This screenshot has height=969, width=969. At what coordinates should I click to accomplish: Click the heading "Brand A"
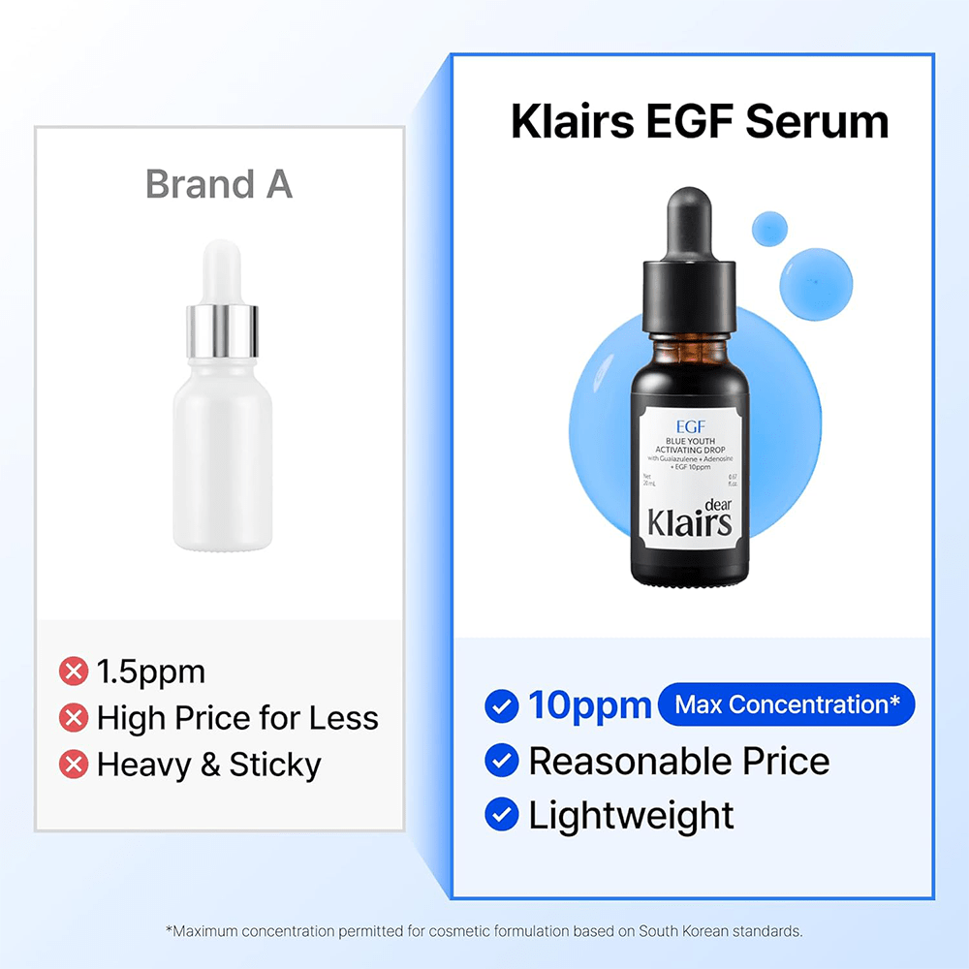coord(219,183)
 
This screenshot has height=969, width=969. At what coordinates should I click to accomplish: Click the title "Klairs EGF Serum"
coord(700,122)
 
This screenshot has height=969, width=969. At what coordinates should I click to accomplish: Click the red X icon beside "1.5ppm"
coord(74,671)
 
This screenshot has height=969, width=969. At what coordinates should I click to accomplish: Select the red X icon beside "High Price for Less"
coord(74,718)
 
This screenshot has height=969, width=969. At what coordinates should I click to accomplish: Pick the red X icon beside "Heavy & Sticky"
coord(74,765)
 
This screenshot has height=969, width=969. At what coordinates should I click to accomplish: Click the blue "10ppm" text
coord(589,705)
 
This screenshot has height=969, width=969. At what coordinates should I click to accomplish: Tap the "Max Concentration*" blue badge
coord(786,704)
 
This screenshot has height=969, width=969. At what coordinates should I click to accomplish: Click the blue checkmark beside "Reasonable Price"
coord(501,761)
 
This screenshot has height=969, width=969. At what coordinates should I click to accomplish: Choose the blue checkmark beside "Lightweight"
coord(501,815)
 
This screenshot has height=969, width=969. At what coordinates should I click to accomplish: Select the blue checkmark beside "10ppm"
coord(501,706)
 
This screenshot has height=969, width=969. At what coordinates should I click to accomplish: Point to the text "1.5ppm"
coord(151,671)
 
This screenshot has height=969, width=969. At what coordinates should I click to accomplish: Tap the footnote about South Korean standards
coord(484,931)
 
